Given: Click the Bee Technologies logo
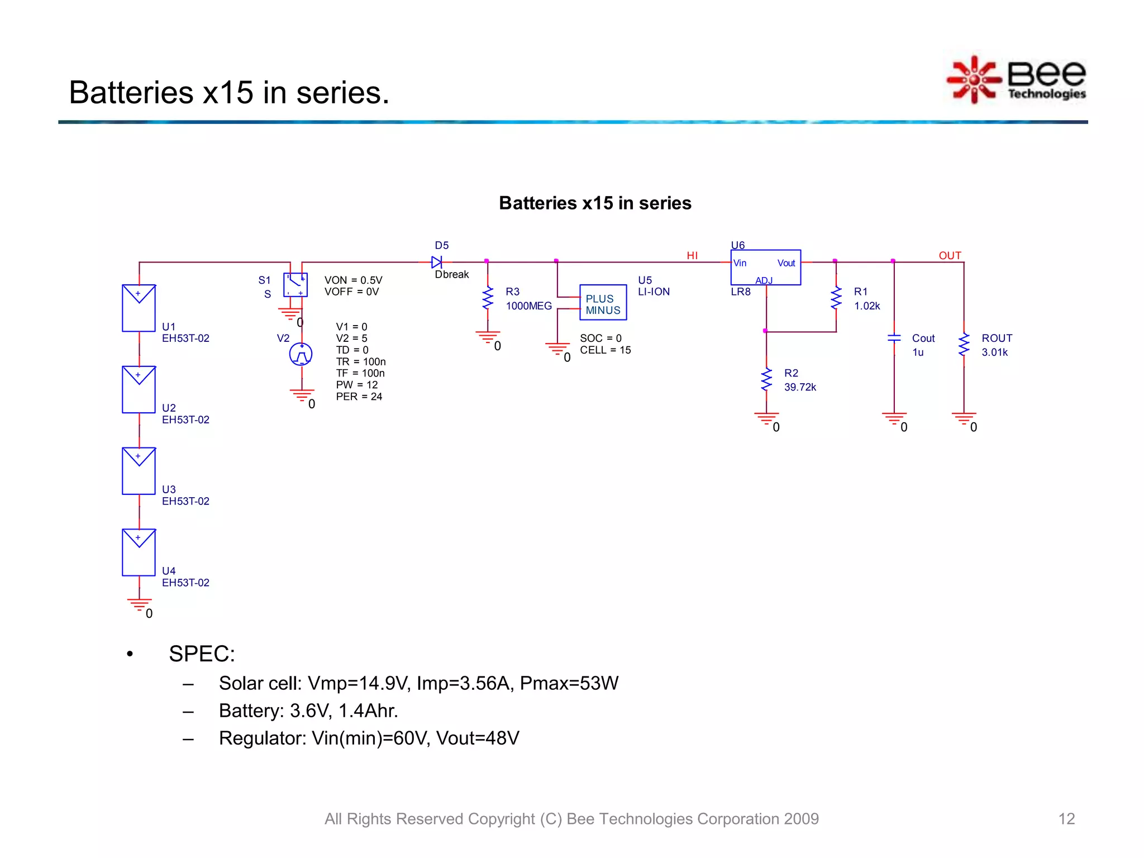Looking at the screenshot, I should pyautogui.click(x=1017, y=80).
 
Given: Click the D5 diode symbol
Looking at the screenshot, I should pyautogui.click(x=437, y=262).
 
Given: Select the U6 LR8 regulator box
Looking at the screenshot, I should pyautogui.click(x=765, y=267).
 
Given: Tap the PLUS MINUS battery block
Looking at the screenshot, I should pyautogui.click(x=603, y=302).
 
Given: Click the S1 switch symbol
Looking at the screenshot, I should pyautogui.click(x=295, y=285).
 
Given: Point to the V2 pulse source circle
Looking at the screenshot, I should pyautogui.click(x=301, y=354).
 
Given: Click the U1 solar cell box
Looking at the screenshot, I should pyautogui.click(x=139, y=308).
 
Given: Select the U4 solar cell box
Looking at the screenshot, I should pyautogui.click(x=139, y=552).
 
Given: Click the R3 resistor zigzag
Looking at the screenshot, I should pyautogui.click(x=488, y=298).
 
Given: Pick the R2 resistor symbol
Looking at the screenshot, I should pyautogui.click(x=766, y=380).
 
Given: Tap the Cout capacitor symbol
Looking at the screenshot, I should pyautogui.click(x=894, y=338).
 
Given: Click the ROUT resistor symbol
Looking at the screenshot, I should pyautogui.click(x=964, y=345).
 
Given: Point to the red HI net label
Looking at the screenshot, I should pyautogui.click(x=692, y=255).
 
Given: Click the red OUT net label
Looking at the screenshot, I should pyautogui.click(x=950, y=255).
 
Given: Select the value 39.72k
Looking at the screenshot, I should pyautogui.click(x=800, y=387).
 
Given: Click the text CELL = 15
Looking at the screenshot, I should pyautogui.click(x=605, y=350).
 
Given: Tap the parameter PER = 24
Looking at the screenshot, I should pyautogui.click(x=359, y=397).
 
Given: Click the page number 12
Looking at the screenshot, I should pyautogui.click(x=1066, y=819).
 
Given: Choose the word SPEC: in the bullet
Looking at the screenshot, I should pyautogui.click(x=202, y=654).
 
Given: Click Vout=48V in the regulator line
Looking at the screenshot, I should pyautogui.click(x=478, y=738).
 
